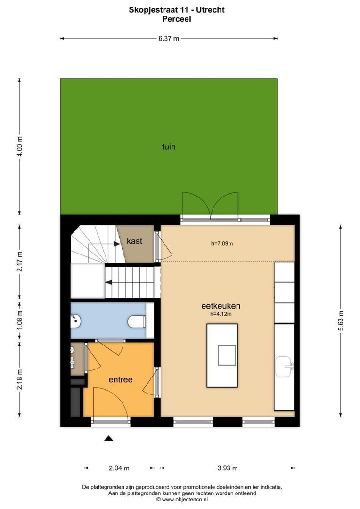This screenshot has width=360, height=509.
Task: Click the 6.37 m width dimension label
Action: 169,39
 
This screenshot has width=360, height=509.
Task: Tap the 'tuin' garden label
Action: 169,147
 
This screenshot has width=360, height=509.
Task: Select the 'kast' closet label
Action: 135,241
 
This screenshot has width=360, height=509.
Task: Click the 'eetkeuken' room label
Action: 221,305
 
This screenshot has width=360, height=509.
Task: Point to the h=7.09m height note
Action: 222,244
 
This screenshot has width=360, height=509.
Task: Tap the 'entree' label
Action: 121,379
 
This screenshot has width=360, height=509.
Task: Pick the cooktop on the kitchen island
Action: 227,355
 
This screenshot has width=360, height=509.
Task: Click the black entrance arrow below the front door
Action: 109,438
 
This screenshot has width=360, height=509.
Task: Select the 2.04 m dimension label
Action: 119,468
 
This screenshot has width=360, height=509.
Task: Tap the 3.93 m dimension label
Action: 227,468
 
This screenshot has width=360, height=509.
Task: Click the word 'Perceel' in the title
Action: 176,19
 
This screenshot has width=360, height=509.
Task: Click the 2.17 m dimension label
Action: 19,262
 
